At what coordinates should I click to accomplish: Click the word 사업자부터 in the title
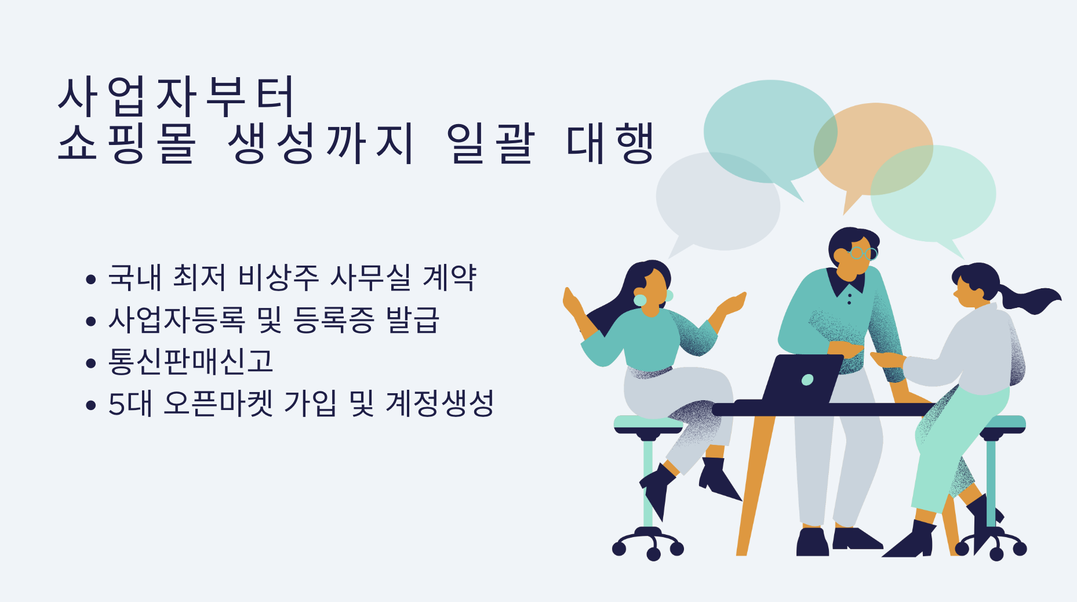click(177, 96)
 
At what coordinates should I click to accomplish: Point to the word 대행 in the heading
click(610, 143)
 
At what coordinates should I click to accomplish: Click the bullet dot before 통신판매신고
click(90, 363)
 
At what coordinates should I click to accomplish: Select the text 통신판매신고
click(191, 361)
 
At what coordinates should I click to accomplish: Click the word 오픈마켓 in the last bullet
click(219, 404)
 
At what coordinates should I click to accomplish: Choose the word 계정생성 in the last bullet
click(439, 404)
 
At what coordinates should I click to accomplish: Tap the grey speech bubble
click(718, 203)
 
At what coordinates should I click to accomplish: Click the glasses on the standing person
click(863, 253)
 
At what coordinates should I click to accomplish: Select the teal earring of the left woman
click(640, 300)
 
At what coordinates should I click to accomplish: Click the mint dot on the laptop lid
click(807, 380)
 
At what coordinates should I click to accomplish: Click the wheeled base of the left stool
click(648, 543)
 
